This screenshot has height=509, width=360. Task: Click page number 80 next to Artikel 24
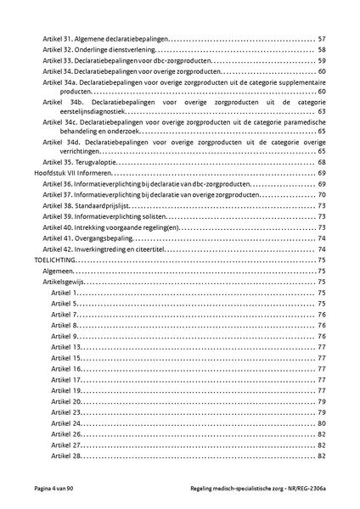[322, 422]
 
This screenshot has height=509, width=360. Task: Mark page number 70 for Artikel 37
[322, 194]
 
